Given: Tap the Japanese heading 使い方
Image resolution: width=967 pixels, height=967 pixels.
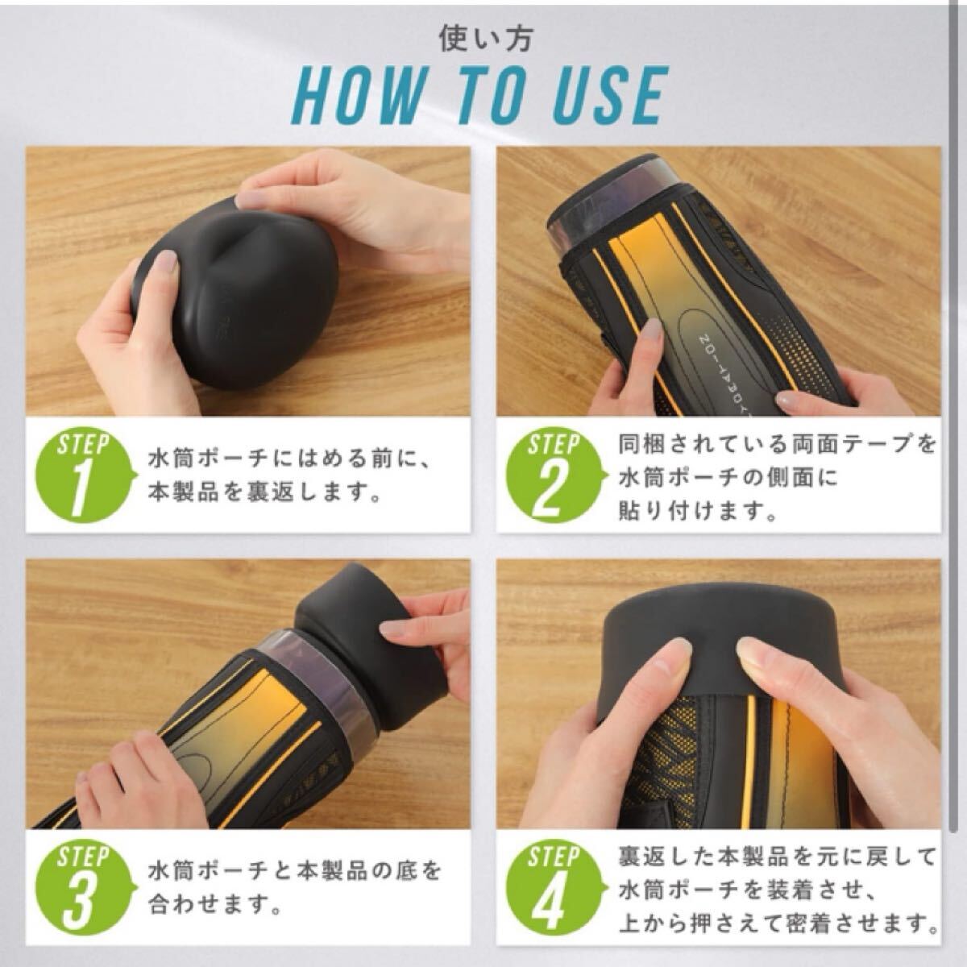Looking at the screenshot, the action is tap(485, 39).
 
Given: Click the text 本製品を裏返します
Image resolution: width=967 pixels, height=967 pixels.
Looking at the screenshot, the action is tap(263, 494).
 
